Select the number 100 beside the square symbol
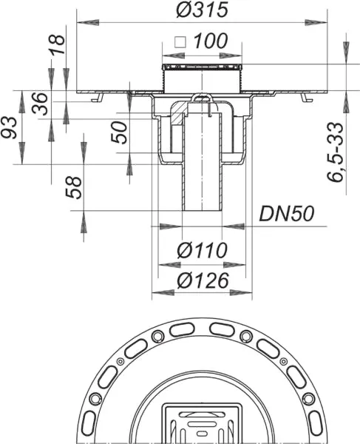211,43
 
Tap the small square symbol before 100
178,43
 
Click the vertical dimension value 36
44,107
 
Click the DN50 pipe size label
287,214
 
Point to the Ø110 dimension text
200,252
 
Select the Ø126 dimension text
200,280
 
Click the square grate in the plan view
200,425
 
